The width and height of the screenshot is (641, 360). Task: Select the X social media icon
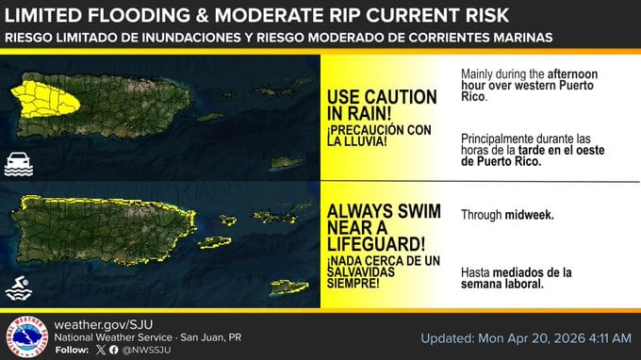click(x=100, y=351)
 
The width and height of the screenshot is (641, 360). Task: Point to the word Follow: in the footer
click(x=72, y=351)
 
